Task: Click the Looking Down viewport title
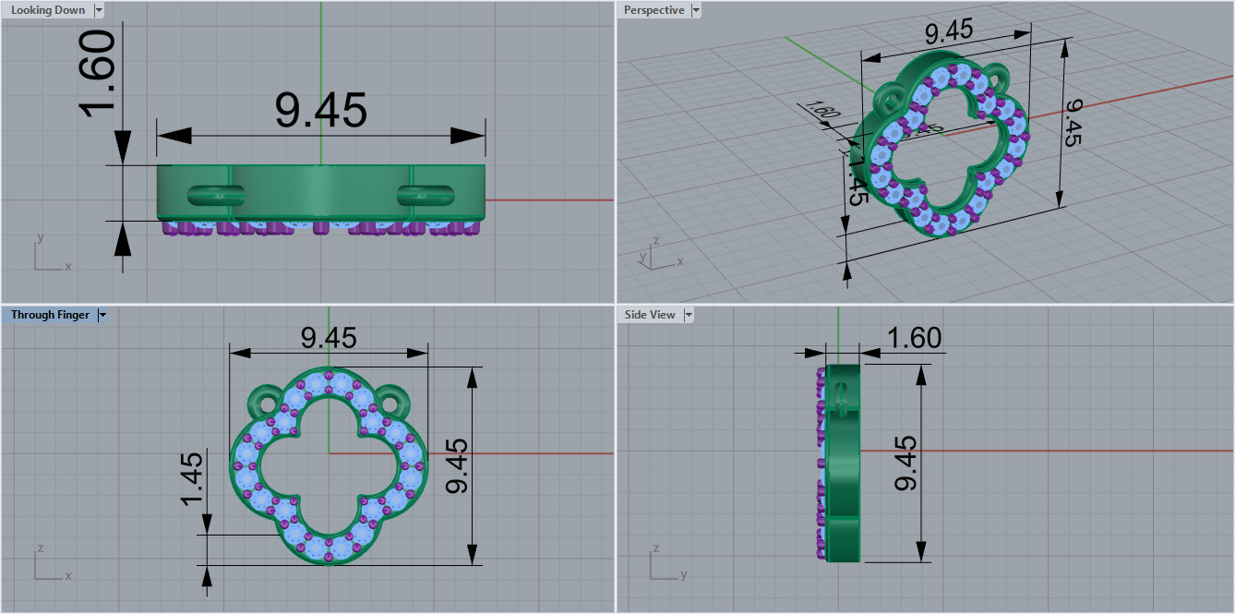tap(47, 10)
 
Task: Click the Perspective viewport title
tap(653, 10)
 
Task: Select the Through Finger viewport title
tap(50, 315)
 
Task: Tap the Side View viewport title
tap(650, 315)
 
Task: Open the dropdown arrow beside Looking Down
tap(98, 10)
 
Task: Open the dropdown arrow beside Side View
tap(688, 315)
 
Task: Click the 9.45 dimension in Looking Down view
tap(321, 110)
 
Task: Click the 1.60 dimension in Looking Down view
tap(97, 74)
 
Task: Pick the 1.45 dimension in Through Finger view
tap(191, 478)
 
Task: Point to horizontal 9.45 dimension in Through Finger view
tap(329, 338)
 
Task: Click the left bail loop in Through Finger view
tap(266, 403)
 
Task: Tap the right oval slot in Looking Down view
tap(426, 195)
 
